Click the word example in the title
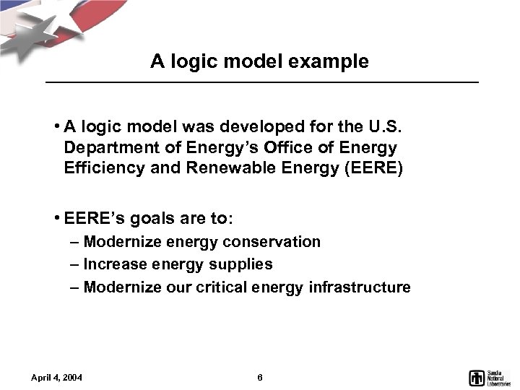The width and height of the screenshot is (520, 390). (333, 62)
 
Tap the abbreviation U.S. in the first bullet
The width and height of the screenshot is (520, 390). (389, 128)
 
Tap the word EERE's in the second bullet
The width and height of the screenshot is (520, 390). (90, 217)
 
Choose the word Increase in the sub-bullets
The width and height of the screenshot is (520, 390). (113, 264)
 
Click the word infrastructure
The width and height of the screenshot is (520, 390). (359, 287)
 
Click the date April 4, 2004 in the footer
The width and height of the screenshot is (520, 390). (57, 378)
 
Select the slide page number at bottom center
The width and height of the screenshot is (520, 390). (260, 378)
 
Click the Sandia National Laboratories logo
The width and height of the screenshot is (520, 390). (490, 377)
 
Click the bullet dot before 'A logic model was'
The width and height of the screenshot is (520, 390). (56, 128)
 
